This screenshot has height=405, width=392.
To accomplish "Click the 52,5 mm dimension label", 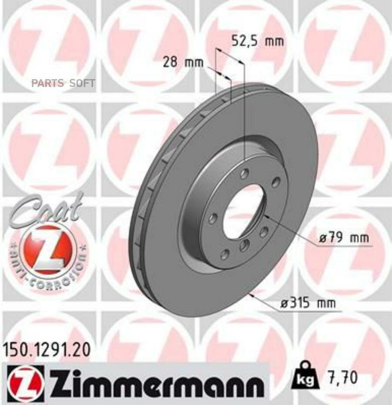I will (257, 41).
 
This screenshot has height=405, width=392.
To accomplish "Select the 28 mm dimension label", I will (183, 62).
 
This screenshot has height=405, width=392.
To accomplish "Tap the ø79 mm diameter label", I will (344, 238).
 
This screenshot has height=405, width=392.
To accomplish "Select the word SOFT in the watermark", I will (82, 83).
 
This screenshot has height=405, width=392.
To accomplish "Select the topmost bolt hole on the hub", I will (244, 174).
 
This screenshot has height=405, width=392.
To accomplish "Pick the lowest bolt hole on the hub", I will (225, 254).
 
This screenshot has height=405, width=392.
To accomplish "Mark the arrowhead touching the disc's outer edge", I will (253, 295).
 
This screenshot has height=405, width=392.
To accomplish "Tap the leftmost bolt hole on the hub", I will (212, 219).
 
